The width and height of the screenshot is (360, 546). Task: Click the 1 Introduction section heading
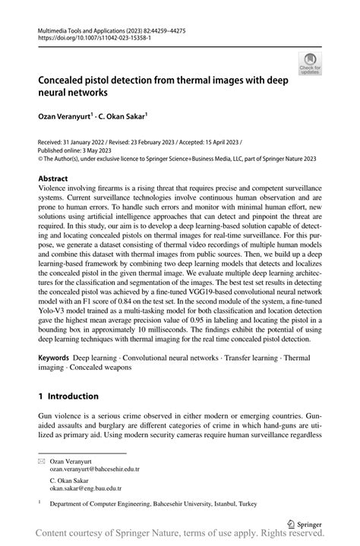pyautogui.click(x=68, y=396)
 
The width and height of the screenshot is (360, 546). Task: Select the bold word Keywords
pyautogui.click(x=54, y=356)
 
